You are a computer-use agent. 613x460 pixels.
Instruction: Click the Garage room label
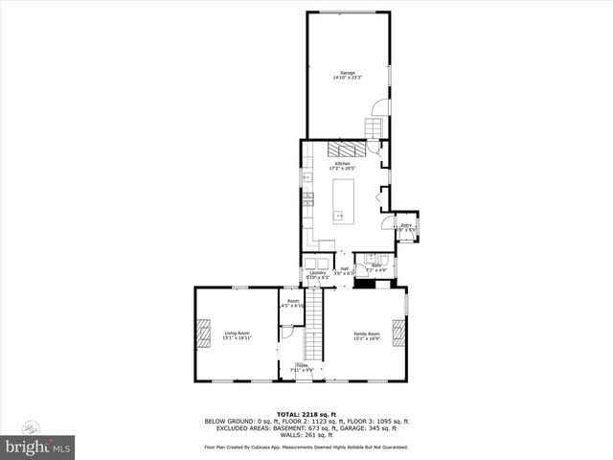tap(347, 75)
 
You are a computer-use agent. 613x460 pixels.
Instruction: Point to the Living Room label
tap(238, 335)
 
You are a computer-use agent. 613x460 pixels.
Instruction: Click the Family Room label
tap(367, 335)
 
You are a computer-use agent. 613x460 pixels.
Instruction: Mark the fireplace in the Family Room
tap(400, 333)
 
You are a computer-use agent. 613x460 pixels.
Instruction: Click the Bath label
tap(376, 267)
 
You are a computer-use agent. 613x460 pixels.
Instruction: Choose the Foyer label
tap(302, 367)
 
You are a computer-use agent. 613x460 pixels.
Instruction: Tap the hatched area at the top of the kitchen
tap(345, 149)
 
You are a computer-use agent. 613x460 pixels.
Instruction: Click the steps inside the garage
tap(374, 127)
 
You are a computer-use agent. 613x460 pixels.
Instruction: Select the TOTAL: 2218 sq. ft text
tap(306, 414)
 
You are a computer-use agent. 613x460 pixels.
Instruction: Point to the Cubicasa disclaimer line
tap(306, 447)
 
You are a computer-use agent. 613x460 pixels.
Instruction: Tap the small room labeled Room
tap(291, 304)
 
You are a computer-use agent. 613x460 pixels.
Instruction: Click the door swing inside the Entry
tap(409, 234)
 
